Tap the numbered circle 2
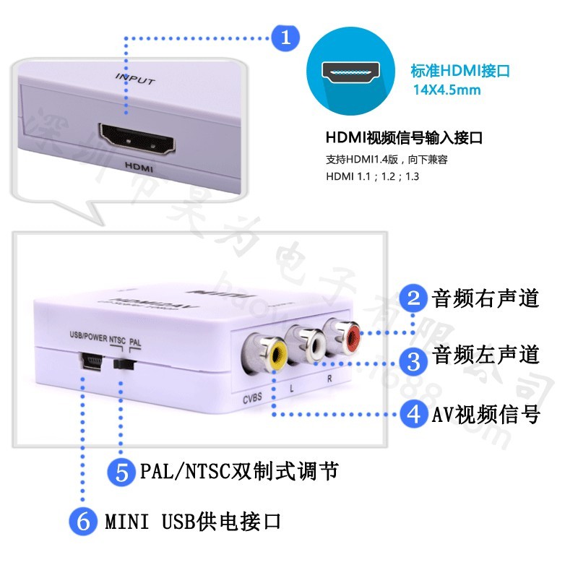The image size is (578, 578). pyautogui.click(x=414, y=298)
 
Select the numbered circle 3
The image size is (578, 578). pyautogui.click(x=414, y=356)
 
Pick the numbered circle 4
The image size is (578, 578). pyautogui.click(x=414, y=414)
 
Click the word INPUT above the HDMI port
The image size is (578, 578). pyautogui.click(x=134, y=79)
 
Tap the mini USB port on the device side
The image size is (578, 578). pyautogui.click(x=90, y=359)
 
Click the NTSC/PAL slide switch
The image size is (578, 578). pyautogui.click(x=124, y=363)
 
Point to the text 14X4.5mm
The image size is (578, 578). pyautogui.click(x=447, y=90)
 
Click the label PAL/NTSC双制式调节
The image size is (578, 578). pyautogui.click(x=238, y=473)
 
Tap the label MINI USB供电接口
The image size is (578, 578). pyautogui.click(x=192, y=521)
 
